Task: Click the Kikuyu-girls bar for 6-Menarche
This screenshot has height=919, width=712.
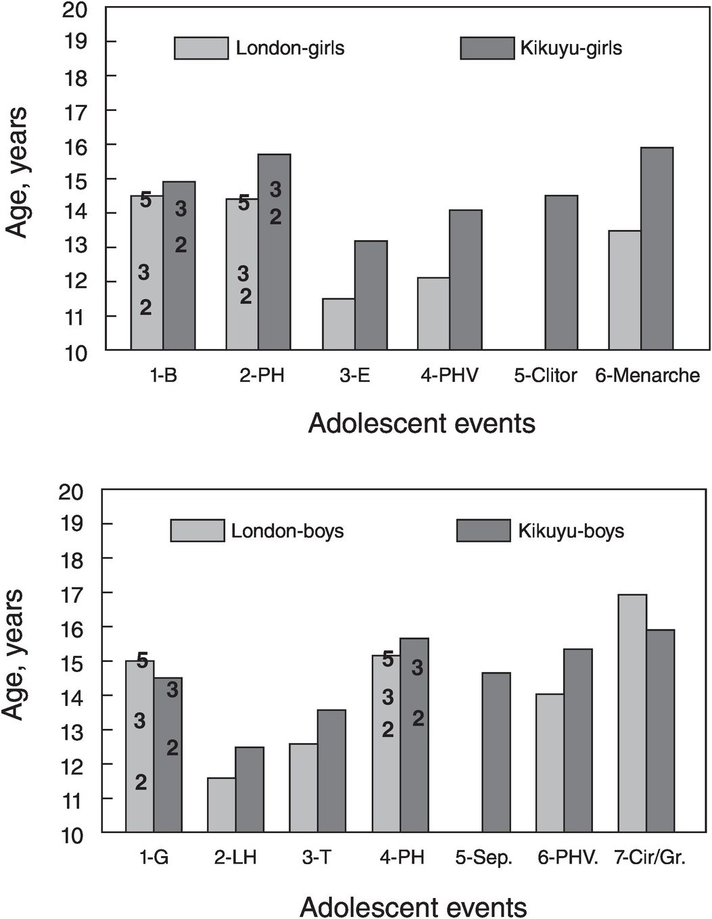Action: pyautogui.click(x=657, y=248)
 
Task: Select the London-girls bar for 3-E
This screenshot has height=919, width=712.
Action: pyautogui.click(x=338, y=324)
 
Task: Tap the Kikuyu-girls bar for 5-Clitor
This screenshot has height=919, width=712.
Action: pyautogui.click(x=561, y=273)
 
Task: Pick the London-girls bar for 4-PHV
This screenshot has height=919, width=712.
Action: pyautogui.click(x=433, y=313)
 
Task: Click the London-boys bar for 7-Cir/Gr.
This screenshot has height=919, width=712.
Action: pyautogui.click(x=632, y=713)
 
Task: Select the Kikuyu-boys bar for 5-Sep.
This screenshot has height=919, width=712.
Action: pyautogui.click(x=496, y=752)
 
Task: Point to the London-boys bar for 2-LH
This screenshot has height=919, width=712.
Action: pyautogui.click(x=222, y=805)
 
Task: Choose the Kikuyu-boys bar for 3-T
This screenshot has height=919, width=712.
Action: pyautogui.click(x=331, y=771)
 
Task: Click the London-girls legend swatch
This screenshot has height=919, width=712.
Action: pyautogui.click(x=201, y=48)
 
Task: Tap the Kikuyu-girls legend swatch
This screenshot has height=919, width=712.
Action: pyautogui.click(x=487, y=48)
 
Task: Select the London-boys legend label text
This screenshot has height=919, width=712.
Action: pyautogui.click(x=287, y=531)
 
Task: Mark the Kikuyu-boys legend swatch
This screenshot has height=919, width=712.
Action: pyautogui.click(x=483, y=531)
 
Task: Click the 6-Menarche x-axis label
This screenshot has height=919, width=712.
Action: pyautogui.click(x=647, y=375)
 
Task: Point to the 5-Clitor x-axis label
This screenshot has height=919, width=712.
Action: pyautogui.click(x=545, y=375)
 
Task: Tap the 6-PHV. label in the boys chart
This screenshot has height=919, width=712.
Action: pyautogui.click(x=568, y=857)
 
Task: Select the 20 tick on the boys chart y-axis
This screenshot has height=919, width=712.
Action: pyautogui.click(x=71, y=491)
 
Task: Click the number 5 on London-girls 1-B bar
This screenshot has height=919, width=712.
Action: pyautogui.click(x=146, y=200)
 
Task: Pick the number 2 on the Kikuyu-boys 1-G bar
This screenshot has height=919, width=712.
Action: pyautogui.click(x=172, y=747)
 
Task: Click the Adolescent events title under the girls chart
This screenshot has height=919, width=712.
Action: pyautogui.click(x=421, y=423)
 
